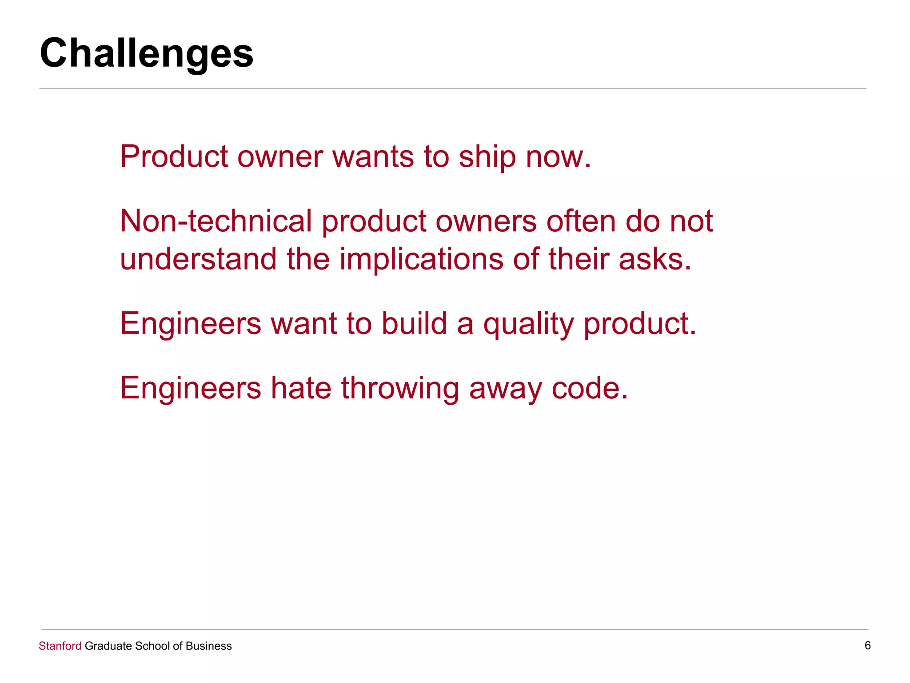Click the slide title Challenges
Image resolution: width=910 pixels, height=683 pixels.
(147, 53)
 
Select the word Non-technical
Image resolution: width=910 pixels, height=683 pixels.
(216, 221)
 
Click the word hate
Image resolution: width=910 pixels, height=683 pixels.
(301, 388)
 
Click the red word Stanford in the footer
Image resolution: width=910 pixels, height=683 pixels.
(60, 646)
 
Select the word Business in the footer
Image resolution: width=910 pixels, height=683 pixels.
(208, 646)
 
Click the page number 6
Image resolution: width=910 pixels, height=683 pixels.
(867, 646)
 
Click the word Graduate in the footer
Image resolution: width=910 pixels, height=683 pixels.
(108, 646)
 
